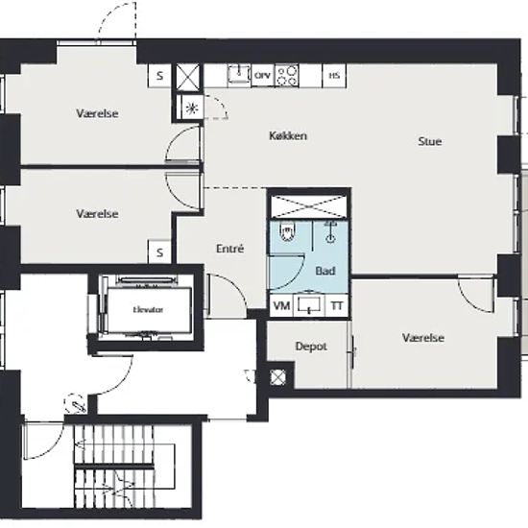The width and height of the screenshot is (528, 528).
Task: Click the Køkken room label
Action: [288, 135]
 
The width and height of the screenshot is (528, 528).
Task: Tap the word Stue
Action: [430, 141]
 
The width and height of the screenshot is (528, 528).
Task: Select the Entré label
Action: [229, 249]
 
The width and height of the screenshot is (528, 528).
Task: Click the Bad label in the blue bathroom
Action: [325, 271]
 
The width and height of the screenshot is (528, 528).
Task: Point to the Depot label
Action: [311, 347]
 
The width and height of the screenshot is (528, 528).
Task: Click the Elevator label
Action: [148, 310]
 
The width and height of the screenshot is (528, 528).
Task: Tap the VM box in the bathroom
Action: [281, 305]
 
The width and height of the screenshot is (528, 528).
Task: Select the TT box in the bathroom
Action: [337, 305]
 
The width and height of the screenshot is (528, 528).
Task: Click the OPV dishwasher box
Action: [263, 76]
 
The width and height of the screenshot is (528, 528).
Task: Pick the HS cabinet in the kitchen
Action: [334, 76]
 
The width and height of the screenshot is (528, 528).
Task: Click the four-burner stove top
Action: [287, 76]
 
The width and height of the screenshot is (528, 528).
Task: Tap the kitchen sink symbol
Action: [239, 74]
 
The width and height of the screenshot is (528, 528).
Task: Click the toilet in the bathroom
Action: [287, 231]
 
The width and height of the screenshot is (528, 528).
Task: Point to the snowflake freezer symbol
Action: [192, 108]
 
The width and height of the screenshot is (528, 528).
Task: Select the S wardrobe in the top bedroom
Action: [159, 76]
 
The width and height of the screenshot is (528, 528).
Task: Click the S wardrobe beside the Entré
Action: [159, 252]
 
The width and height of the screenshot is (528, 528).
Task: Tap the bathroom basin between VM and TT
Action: [309, 304]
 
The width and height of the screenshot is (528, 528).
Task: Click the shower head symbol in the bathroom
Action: [331, 232]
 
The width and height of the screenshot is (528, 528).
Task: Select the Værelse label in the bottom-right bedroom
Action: [423, 338]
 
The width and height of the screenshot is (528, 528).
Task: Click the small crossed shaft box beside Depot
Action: [277, 377]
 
